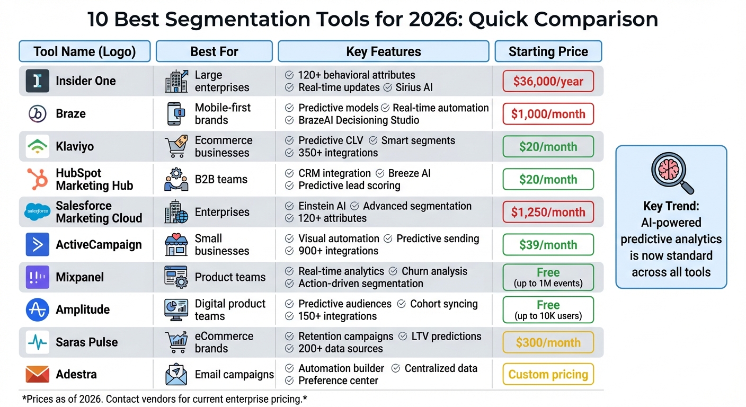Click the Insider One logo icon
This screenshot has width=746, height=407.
point(37,81)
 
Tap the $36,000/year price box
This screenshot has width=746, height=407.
point(548,82)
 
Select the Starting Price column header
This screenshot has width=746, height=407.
point(548,51)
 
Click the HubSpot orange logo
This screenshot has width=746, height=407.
point(37,179)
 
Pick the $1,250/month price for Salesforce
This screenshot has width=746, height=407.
point(548,212)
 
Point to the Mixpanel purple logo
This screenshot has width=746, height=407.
point(37,277)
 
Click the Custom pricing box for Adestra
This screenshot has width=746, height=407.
point(548,375)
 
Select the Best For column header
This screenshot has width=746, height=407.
point(214,51)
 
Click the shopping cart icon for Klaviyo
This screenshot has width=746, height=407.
point(176,147)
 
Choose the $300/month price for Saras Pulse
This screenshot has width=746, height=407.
point(548,342)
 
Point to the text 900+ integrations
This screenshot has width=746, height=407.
point(338,251)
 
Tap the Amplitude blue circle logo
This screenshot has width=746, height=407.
point(37,309)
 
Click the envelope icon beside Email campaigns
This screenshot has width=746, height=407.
point(176,375)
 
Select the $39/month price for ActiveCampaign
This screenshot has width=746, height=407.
point(548,245)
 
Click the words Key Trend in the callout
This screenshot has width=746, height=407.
point(671,206)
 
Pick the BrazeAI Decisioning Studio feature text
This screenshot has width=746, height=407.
point(359,120)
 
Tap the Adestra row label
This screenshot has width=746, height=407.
point(76,375)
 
